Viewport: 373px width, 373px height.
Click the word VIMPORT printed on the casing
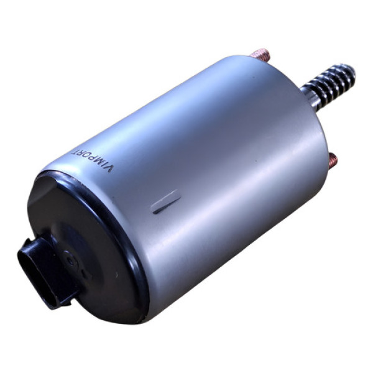[93, 161]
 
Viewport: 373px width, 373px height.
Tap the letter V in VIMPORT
[109, 169]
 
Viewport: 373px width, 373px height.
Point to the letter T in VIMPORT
[76, 152]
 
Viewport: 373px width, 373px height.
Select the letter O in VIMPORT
[87, 158]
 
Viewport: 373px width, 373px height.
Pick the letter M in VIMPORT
[99, 164]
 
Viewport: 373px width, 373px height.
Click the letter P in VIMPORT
[93, 161]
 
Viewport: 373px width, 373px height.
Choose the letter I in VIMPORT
[104, 167]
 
